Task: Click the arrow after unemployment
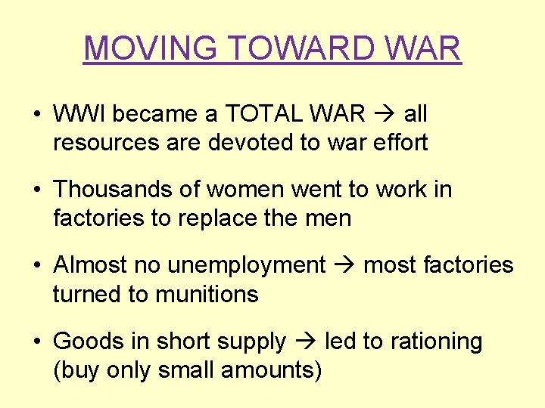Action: [344, 266]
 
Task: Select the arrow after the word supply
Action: [305, 342]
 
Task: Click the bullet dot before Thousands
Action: [36, 190]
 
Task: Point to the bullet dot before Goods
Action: [36, 342]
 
